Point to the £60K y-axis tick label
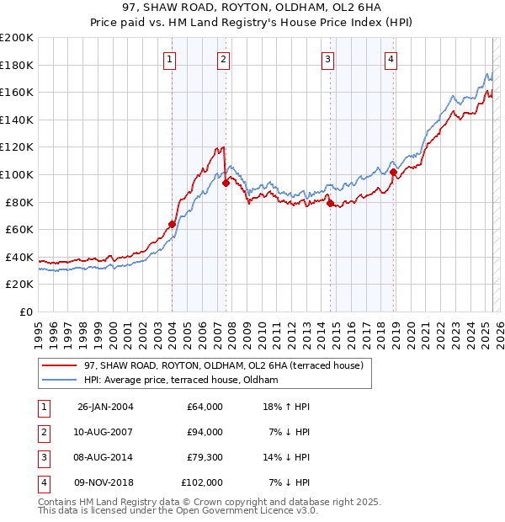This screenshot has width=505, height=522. click(x=19, y=229)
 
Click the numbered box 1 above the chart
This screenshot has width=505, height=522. click(x=170, y=59)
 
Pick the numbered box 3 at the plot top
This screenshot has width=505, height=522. click(x=327, y=59)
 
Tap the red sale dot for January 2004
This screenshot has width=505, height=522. click(x=172, y=224)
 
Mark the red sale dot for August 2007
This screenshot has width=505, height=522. click(x=226, y=184)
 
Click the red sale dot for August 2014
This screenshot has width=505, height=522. click(x=330, y=203)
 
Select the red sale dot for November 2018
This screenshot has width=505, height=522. click(x=393, y=172)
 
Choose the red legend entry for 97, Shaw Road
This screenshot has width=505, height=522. click(x=223, y=365)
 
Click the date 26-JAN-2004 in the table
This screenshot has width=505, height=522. click(x=105, y=407)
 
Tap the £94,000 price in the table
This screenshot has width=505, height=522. click(x=205, y=432)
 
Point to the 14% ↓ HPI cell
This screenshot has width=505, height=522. click(x=287, y=457)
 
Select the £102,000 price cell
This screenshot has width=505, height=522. click(x=202, y=482)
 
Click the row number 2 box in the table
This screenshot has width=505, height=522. click(x=42, y=432)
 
